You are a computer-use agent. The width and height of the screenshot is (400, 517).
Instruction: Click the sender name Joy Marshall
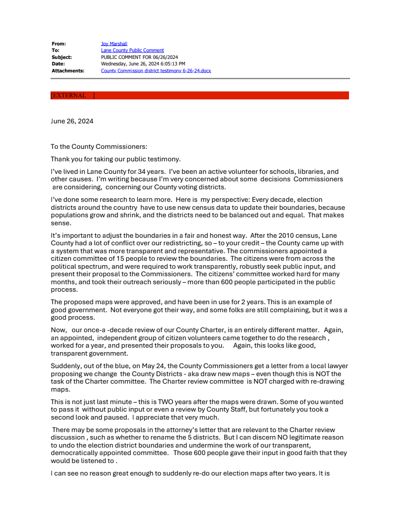pyautogui.click(x=114, y=44)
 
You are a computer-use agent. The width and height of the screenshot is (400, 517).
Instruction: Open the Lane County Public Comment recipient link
pyautogui.click(x=132, y=50)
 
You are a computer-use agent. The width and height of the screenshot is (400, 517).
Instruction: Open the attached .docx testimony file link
pyautogui.click(x=156, y=71)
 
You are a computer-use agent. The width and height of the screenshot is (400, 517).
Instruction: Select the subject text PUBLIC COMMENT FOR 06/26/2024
pyautogui.click(x=139, y=57)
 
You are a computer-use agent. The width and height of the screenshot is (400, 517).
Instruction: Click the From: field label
pyautogui.click(x=58, y=44)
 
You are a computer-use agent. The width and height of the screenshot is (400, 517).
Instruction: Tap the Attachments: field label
pyautogui.click(x=68, y=71)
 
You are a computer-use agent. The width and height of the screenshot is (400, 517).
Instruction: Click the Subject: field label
pyautogui.click(x=61, y=57)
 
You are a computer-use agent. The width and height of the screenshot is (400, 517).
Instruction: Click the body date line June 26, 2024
pyautogui.click(x=72, y=121)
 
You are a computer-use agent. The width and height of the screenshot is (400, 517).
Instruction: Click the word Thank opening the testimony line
pyautogui.click(x=60, y=159)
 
